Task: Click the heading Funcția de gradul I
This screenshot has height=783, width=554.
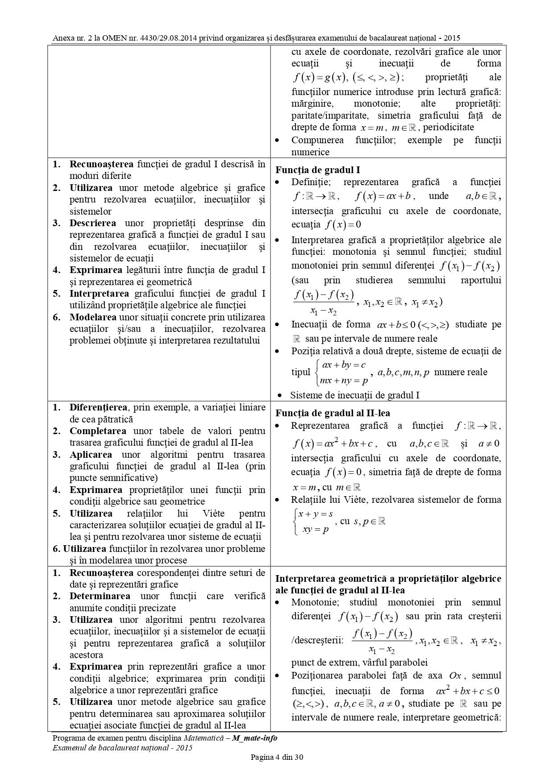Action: click(317, 170)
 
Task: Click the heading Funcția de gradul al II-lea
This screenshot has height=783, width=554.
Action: click(333, 413)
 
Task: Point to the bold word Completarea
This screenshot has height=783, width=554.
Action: click(98, 431)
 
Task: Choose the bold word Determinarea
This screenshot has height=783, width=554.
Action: click(100, 596)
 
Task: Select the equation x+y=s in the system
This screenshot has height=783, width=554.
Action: click(316, 514)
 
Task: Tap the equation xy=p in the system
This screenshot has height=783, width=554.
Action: click(316, 530)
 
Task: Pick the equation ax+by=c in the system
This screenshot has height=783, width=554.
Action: click(344, 365)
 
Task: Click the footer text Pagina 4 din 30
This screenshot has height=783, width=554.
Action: click(277, 757)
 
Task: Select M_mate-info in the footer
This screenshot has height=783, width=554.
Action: click(254, 738)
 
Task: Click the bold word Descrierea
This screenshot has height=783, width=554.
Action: click(92, 223)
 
